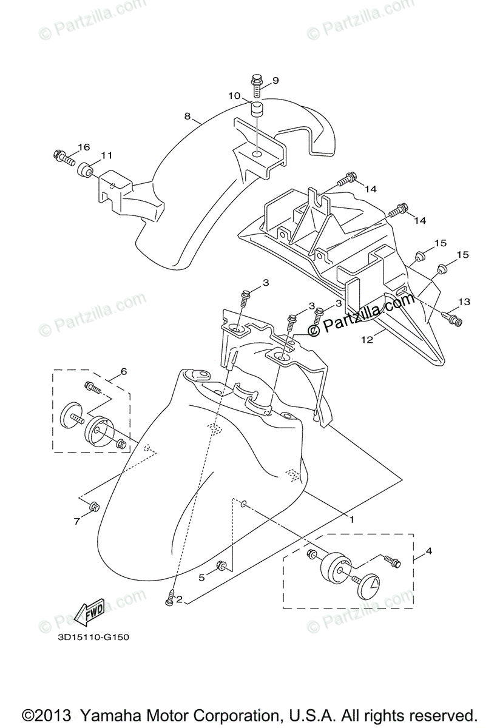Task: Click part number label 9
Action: tap(275, 80)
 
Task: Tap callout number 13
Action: tap(464, 302)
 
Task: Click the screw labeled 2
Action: tap(169, 598)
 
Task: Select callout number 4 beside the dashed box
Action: tap(429, 551)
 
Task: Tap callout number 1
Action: tap(351, 519)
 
